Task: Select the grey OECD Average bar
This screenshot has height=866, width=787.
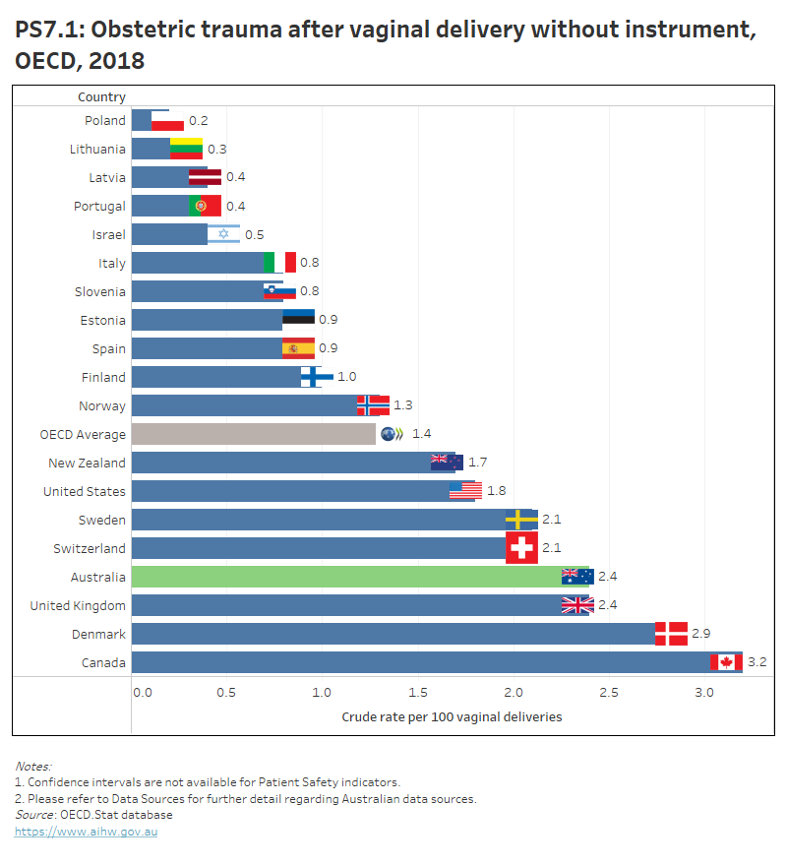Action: click(253, 434)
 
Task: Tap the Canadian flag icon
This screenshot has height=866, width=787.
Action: click(726, 662)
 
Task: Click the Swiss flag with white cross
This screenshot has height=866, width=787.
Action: click(521, 548)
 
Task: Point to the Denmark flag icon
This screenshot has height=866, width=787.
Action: click(671, 634)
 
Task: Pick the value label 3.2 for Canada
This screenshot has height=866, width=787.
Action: click(757, 662)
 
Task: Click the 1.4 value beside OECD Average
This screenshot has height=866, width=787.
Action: click(421, 434)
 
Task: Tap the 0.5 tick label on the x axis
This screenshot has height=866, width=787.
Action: click(226, 693)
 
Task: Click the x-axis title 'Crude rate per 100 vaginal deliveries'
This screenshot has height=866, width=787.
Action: click(452, 716)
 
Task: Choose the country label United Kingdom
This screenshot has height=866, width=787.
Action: click(78, 605)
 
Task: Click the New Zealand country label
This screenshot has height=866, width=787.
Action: click(87, 463)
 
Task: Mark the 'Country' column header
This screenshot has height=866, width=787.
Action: click(101, 96)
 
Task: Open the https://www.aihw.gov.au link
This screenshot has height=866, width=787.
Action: click(86, 832)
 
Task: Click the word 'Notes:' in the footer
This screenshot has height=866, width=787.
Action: click(33, 766)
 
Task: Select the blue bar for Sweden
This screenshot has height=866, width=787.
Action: click(320, 520)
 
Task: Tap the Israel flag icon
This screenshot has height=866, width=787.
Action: click(223, 234)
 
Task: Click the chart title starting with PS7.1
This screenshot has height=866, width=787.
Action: click(385, 44)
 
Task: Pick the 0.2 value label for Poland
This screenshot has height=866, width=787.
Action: click(198, 120)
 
